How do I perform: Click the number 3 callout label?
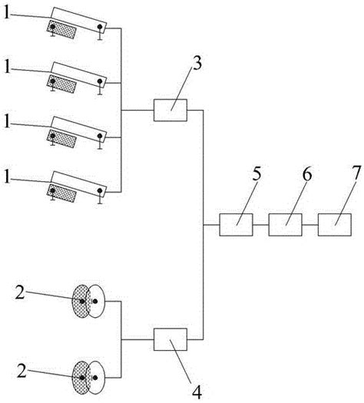(197, 63)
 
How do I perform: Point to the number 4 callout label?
(197, 392)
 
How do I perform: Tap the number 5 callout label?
(256, 173)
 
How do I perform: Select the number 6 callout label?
(307, 173)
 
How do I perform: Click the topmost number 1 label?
(7, 12)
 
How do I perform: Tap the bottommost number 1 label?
(7, 177)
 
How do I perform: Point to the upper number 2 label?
(20, 292)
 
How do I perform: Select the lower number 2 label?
(22, 371)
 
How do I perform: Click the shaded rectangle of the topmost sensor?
(61, 30)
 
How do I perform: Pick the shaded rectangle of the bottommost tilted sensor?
(61, 193)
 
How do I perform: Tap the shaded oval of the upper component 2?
(81, 301)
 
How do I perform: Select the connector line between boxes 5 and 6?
(260, 225)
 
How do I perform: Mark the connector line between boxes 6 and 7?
(310, 225)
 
